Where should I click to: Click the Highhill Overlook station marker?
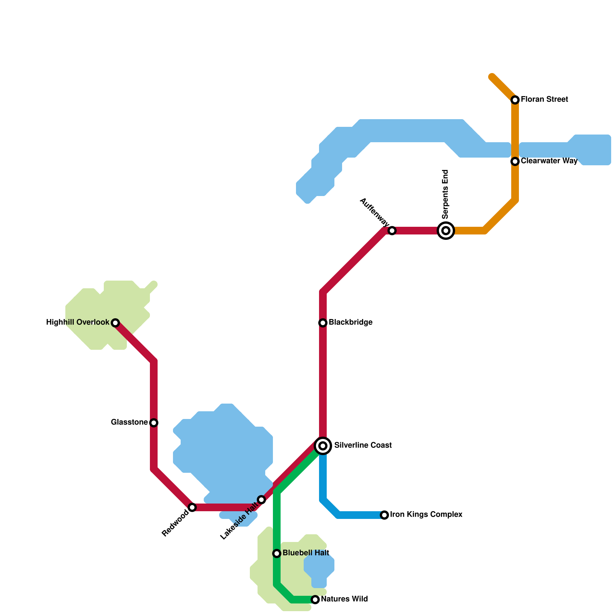click(x=115, y=323)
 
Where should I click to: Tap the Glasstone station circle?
click(x=154, y=423)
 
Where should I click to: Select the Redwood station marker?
click(x=192, y=507)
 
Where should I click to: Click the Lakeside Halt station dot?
click(x=261, y=500)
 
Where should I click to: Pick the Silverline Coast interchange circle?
click(x=323, y=446)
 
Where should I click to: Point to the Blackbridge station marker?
click(x=323, y=323)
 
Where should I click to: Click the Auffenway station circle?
click(x=392, y=231)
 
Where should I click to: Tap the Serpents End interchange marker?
click(x=446, y=231)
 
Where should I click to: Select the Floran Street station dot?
click(x=515, y=100)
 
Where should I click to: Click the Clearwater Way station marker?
click(x=515, y=161)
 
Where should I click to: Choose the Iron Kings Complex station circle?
click(x=384, y=515)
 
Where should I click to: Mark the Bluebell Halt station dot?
click(x=277, y=553)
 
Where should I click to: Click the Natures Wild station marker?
click(x=315, y=600)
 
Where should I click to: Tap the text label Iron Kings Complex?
click(x=426, y=515)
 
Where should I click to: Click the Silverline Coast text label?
click(x=363, y=445)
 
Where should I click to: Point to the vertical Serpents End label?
click(x=445, y=194)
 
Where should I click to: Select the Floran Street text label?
click(x=544, y=100)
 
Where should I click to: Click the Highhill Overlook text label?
click(x=78, y=322)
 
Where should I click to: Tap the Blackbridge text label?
click(x=351, y=322)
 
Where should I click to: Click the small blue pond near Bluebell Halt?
click(x=319, y=567)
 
